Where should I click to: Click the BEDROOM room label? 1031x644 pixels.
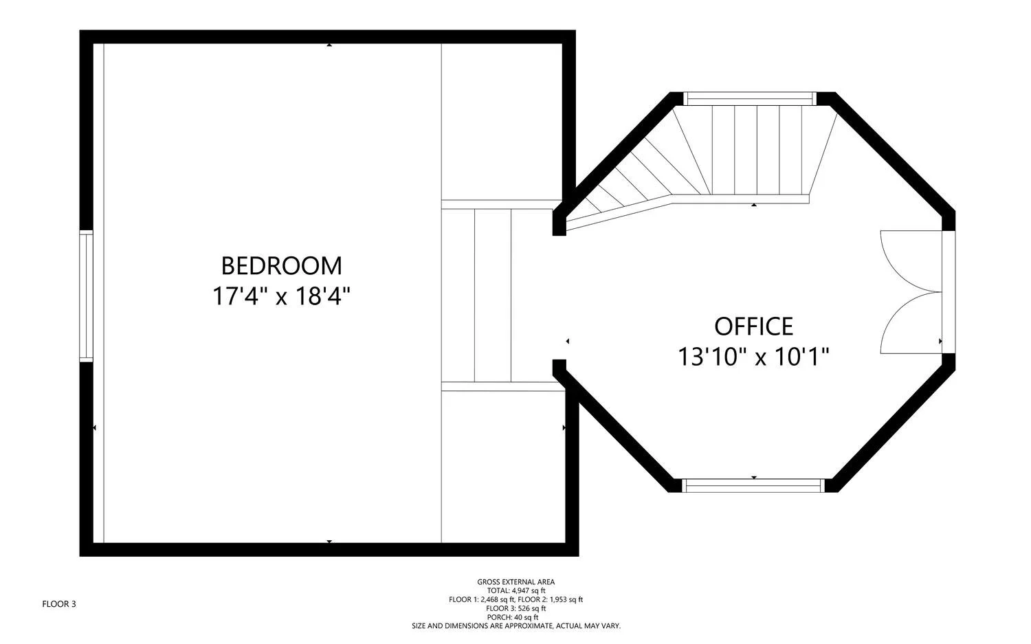click(x=282, y=266)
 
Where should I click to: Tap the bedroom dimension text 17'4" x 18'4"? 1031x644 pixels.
click(x=281, y=296)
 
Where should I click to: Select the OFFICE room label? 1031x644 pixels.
click(x=754, y=326)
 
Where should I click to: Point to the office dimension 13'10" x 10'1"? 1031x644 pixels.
click(x=754, y=357)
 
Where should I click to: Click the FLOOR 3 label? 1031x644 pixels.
click(x=59, y=604)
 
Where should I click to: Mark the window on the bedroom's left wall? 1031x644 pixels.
click(x=86, y=296)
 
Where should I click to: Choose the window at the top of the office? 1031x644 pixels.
click(x=750, y=98)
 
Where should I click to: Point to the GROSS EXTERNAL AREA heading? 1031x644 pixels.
click(x=516, y=582)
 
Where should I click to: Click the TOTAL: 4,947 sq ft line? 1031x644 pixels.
click(x=516, y=590)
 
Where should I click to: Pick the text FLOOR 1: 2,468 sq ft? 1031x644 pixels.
click(x=482, y=599)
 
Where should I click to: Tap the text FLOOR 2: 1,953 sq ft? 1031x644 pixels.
click(x=551, y=599)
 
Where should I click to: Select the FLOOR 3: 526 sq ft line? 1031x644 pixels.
click(x=516, y=608)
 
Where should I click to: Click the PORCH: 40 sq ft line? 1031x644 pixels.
click(x=516, y=617)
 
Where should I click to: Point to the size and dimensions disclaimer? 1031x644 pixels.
click(x=516, y=626)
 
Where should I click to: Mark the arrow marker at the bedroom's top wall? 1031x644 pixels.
click(x=329, y=45)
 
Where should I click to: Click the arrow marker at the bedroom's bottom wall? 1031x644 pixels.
click(x=329, y=542)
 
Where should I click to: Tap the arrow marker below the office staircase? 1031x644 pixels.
click(x=754, y=205)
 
